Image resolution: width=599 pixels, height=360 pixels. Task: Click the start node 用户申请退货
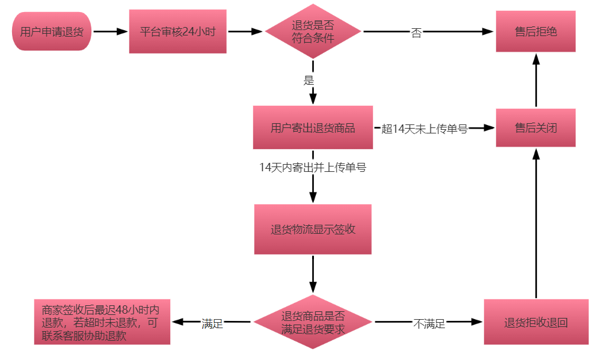coord(51,31)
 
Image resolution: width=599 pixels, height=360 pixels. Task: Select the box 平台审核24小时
coord(177,31)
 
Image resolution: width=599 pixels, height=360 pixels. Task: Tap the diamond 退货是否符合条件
coord(313,31)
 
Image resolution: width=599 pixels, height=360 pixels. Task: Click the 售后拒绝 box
coord(535,31)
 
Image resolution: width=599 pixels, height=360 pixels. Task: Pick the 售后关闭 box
coord(535,127)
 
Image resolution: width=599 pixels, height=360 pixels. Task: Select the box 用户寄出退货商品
coord(313,127)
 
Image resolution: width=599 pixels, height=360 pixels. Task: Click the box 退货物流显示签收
coord(313,229)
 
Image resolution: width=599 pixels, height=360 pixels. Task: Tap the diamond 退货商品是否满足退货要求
coord(313,323)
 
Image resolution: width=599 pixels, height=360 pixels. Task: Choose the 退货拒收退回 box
coord(535,322)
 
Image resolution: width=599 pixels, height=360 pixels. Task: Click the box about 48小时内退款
coord(102,322)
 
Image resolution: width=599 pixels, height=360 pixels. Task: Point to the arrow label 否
coord(416,33)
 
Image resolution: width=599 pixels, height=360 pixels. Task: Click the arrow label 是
coord(309,81)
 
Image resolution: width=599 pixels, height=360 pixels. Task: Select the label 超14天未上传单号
coord(425,129)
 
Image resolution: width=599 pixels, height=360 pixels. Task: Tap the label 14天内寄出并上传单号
coord(313,168)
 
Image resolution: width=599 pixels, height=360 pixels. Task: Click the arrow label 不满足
coord(429,324)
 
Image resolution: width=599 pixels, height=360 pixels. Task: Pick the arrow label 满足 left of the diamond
coord(212,324)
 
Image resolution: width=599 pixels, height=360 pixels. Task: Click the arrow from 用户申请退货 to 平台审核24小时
coord(110,31)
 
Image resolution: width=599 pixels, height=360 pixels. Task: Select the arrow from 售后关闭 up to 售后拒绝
coord(536,81)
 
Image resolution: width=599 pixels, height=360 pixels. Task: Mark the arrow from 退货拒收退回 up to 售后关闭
coord(536,222)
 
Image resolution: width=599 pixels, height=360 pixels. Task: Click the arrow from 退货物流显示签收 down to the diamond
coord(313,274)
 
